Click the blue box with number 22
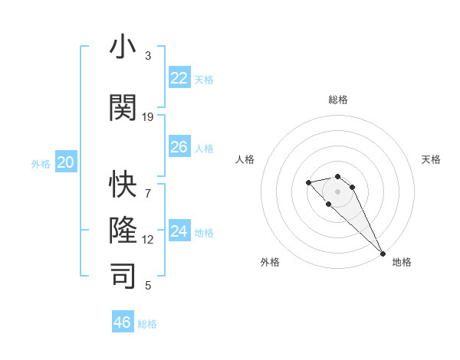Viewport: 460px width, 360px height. pos(179,78)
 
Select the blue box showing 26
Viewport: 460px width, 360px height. pos(179,147)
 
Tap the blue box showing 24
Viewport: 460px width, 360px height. pos(179,231)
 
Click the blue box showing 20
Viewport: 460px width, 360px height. pos(66,162)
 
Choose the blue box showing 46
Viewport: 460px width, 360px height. pos(123,322)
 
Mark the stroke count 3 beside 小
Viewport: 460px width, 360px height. pos(148,55)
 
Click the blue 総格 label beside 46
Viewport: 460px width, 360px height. pos(147,324)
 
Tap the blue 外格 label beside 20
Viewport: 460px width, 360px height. pos(41,163)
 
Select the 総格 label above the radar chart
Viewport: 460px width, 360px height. pos(337,100)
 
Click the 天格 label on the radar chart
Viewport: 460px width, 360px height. pos(432,159)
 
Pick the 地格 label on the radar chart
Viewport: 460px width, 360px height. pos(402,262)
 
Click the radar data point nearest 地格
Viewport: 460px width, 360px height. pos(383,254)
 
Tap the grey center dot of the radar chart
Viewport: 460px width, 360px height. pos(337,191)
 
